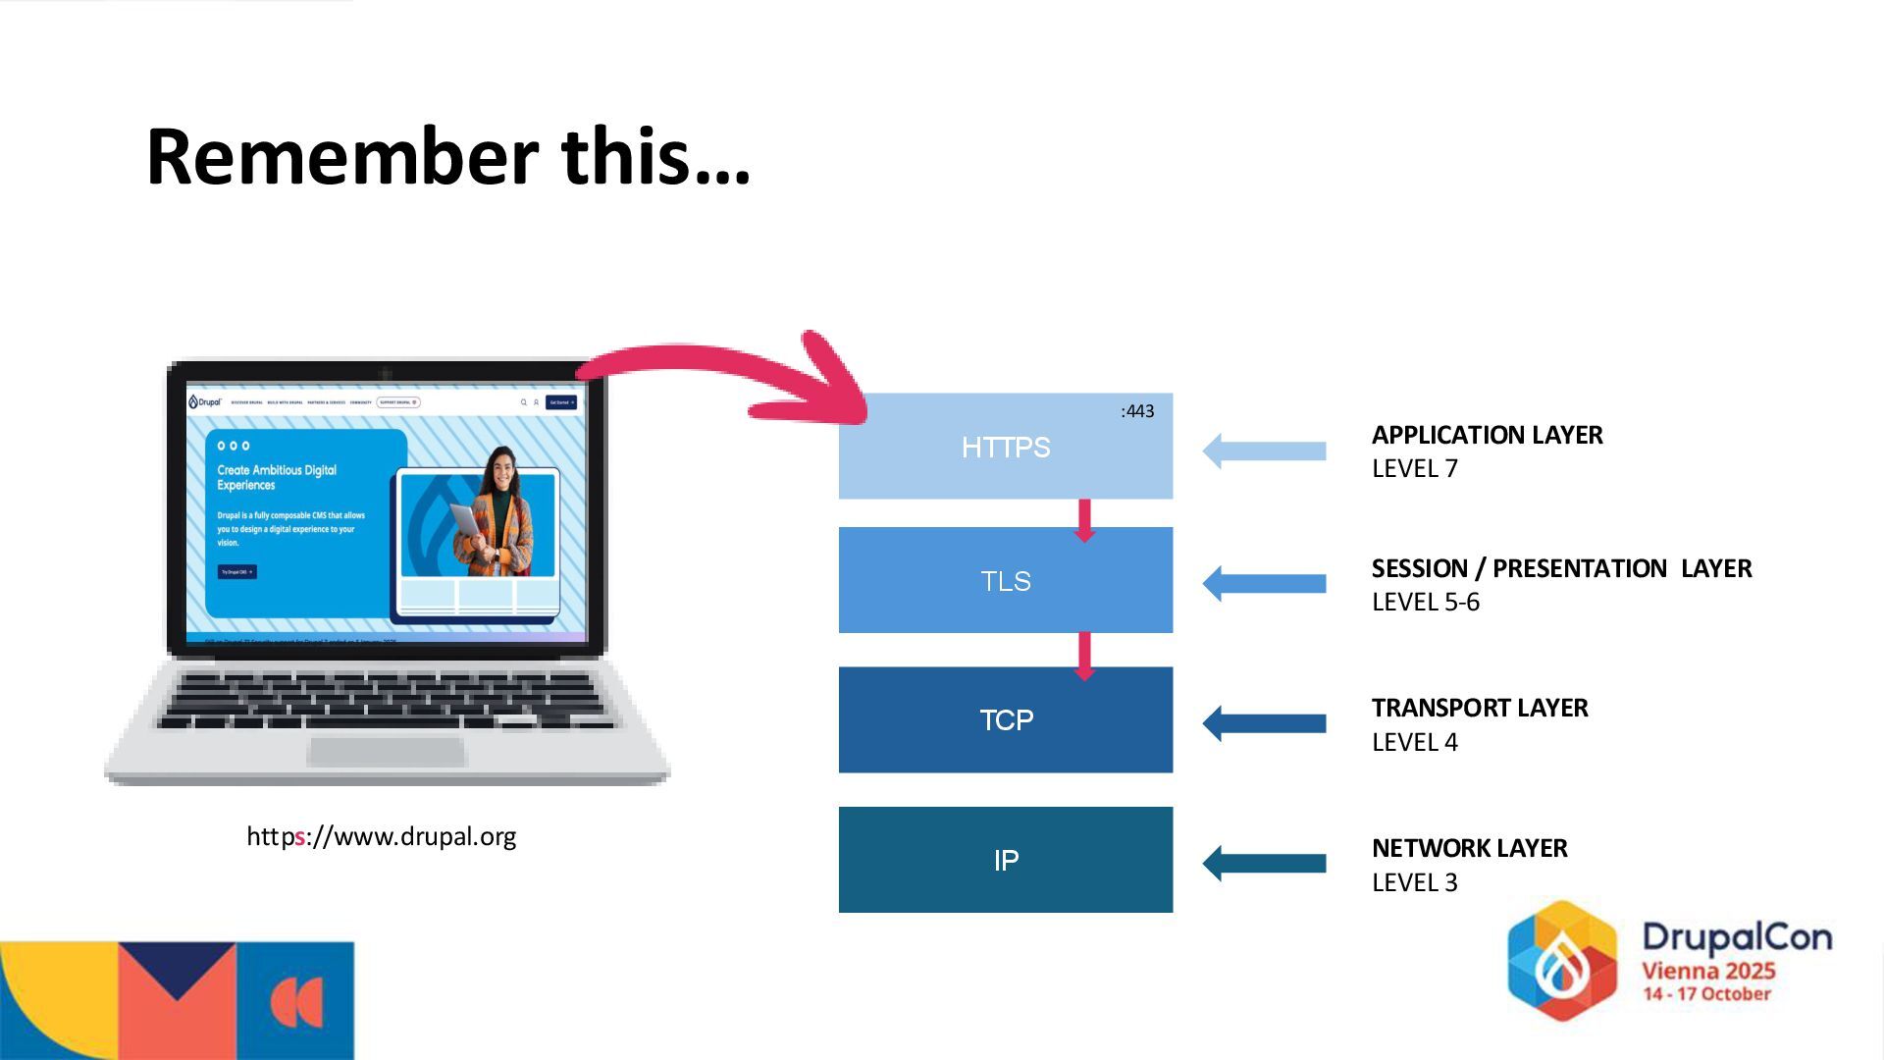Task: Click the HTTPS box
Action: (1005, 448)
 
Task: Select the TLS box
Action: (1005, 581)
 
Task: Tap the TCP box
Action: (1005, 720)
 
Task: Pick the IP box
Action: (1005, 860)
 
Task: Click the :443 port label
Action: (1137, 411)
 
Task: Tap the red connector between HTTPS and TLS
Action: (1084, 519)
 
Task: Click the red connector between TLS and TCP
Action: (1084, 656)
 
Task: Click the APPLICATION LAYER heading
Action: (1487, 435)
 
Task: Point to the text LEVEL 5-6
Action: (1425, 602)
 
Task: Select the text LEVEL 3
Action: (1414, 882)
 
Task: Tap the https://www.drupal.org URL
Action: (381, 836)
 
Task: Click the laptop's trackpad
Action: (386, 752)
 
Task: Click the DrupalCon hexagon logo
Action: (1561, 960)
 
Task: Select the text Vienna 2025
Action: (1708, 971)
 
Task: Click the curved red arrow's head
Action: (834, 388)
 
